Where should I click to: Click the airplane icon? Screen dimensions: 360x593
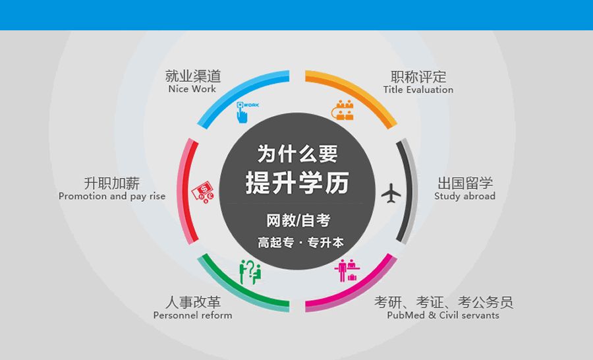click(391, 194)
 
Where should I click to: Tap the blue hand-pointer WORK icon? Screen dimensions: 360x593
click(244, 111)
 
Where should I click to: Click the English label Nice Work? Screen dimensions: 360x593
click(192, 89)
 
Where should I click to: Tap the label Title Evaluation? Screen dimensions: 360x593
click(418, 90)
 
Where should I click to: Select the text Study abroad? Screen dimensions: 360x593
click(465, 196)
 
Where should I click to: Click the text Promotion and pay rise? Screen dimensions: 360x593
click(112, 196)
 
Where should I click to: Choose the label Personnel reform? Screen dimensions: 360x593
click(192, 315)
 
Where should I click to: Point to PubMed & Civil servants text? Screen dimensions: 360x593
click(443, 315)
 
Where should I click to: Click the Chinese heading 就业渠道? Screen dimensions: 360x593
click(192, 76)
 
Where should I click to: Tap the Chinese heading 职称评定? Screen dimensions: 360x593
click(418, 76)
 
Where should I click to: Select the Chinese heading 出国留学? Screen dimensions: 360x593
click(465, 183)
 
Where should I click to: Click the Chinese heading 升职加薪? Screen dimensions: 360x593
click(112, 183)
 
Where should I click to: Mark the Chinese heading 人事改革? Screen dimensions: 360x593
click(192, 302)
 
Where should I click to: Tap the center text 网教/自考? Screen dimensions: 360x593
click(297, 220)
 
